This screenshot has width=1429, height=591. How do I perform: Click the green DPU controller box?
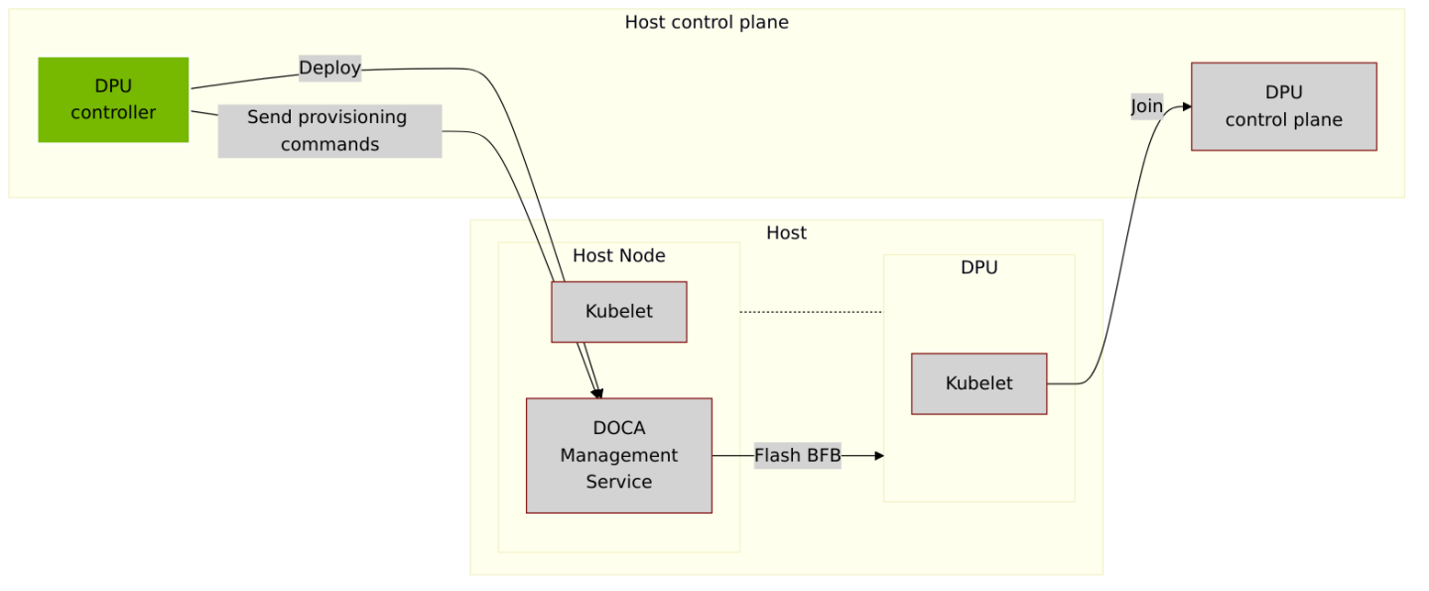tap(113, 99)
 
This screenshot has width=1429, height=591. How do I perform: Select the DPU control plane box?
tap(1283, 106)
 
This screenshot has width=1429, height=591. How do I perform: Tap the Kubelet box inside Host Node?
tap(618, 312)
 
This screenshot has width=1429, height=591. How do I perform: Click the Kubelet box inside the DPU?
tap(978, 383)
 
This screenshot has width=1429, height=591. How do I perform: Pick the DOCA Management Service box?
tap(618, 455)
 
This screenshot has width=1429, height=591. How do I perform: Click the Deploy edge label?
tap(329, 68)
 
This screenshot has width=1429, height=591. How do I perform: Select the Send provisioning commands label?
tap(328, 131)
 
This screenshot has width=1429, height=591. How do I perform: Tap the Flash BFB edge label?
tap(797, 456)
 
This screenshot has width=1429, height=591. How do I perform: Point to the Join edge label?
tap(1146, 106)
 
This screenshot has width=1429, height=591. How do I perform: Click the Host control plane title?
tap(706, 22)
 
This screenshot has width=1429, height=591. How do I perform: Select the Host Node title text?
tap(618, 255)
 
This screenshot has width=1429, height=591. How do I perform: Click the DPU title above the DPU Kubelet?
tap(978, 267)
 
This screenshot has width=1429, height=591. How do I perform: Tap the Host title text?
tap(786, 232)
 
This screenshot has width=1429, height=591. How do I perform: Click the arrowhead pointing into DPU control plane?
tap(1185, 106)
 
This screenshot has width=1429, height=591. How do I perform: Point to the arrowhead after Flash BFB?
tap(877, 456)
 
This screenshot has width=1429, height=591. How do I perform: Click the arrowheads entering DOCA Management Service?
tap(597, 393)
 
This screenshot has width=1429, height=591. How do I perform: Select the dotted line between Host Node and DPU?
tap(811, 312)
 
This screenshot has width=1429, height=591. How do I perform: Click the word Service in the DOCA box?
tap(618, 482)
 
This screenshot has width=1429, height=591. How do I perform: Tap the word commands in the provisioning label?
tap(329, 144)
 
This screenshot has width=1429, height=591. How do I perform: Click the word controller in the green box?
tap(113, 112)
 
